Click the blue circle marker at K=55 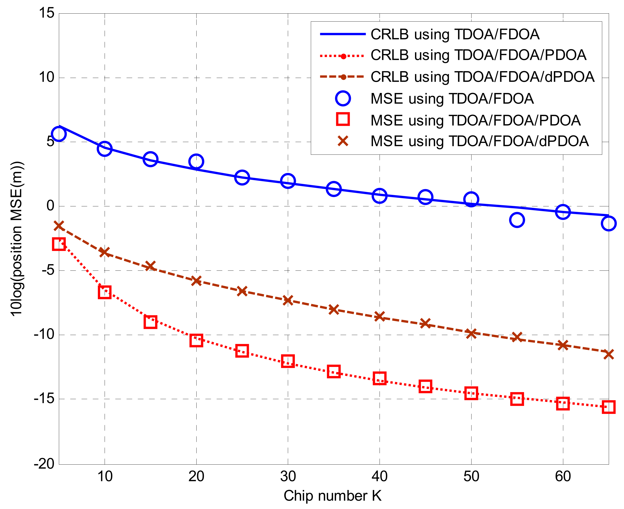[x=517, y=220]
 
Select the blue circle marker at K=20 [x=196, y=161]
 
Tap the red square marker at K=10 [x=105, y=292]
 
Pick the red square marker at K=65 [x=609, y=407]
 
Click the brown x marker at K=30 [x=288, y=300]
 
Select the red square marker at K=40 [x=380, y=378]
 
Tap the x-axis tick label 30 [x=288, y=476]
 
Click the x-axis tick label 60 [x=563, y=476]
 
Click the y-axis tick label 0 [x=50, y=206]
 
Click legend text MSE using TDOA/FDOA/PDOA [x=475, y=120]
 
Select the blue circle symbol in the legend [x=343, y=99]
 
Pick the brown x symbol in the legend [x=343, y=141]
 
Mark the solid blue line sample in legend [x=343, y=34]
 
